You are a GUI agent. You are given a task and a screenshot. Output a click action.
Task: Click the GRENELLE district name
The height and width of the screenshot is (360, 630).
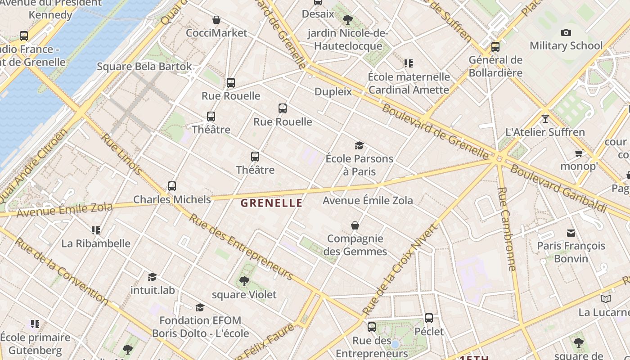coord(271,203)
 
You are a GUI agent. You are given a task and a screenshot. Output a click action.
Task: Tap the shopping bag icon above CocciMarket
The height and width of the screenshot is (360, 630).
coord(216,20)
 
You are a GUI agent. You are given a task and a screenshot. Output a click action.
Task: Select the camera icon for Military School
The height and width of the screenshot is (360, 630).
coord(566,32)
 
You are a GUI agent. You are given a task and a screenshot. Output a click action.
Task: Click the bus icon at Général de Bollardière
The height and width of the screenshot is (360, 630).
coord(495,46)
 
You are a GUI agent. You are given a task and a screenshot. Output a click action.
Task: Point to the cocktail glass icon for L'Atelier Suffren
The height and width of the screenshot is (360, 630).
coord(545,118)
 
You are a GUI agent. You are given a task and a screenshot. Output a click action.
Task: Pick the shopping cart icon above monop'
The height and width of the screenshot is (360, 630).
coord(579,153)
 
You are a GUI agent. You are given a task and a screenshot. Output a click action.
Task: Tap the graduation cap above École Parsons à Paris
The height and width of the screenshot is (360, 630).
coord(359,145)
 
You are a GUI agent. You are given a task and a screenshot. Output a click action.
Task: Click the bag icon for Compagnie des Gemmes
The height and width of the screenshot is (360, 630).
coord(355,225)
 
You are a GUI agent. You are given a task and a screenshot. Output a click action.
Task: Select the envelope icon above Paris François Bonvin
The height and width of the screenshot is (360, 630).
coord(571,233)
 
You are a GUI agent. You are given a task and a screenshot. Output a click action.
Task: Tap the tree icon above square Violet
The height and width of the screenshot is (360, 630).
coord(244,281)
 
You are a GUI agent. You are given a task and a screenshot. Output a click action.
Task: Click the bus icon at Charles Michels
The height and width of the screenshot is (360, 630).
coord(172,186)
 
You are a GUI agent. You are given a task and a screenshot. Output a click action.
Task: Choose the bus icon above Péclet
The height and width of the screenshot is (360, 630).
coord(429,318)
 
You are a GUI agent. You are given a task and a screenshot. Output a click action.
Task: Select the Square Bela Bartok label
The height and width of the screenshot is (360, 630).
coord(144,67)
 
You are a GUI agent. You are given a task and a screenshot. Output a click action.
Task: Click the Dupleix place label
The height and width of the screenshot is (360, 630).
coord(333,91)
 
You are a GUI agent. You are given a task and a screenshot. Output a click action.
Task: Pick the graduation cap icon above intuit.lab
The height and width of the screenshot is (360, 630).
coord(153,277)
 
